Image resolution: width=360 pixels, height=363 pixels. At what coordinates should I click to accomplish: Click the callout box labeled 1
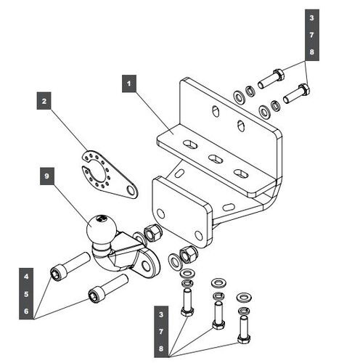[129, 83]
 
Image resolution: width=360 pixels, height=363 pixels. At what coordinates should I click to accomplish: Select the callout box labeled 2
[44, 101]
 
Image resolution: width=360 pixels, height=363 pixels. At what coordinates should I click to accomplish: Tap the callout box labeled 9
[47, 176]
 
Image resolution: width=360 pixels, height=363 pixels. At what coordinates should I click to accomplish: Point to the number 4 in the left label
[26, 277]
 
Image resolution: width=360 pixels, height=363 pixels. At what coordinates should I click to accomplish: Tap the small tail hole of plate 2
[131, 190]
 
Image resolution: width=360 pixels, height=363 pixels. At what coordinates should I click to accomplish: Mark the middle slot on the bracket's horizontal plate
[216, 159]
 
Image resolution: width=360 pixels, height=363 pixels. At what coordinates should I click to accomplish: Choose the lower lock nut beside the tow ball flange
[188, 254]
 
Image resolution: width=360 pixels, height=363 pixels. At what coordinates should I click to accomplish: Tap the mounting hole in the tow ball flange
[146, 266]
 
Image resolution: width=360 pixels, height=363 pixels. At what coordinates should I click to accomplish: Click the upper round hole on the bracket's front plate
[160, 213]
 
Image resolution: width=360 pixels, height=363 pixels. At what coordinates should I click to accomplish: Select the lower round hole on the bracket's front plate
[198, 235]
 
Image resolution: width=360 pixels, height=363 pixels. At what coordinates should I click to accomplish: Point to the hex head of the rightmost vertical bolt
[244, 339]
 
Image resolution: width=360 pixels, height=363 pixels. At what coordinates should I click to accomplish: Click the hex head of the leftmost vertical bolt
[187, 311]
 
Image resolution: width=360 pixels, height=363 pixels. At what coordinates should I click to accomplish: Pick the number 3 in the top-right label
[311, 17]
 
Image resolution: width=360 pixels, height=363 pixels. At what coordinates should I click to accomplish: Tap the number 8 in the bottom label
[161, 348]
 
